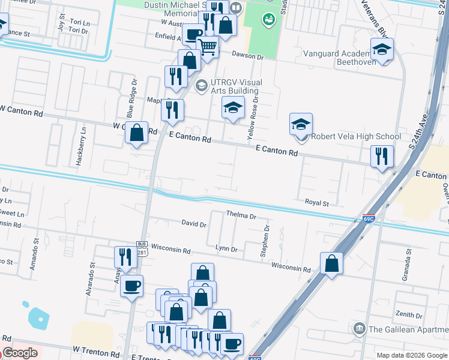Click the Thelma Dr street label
(241, 214)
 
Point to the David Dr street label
(194, 223)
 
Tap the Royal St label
(316, 203)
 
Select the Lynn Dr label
(226, 248)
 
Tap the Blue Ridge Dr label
(130, 99)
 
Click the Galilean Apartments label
(408, 329)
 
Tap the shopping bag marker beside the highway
(331, 263)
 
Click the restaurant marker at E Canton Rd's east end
(382, 157)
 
